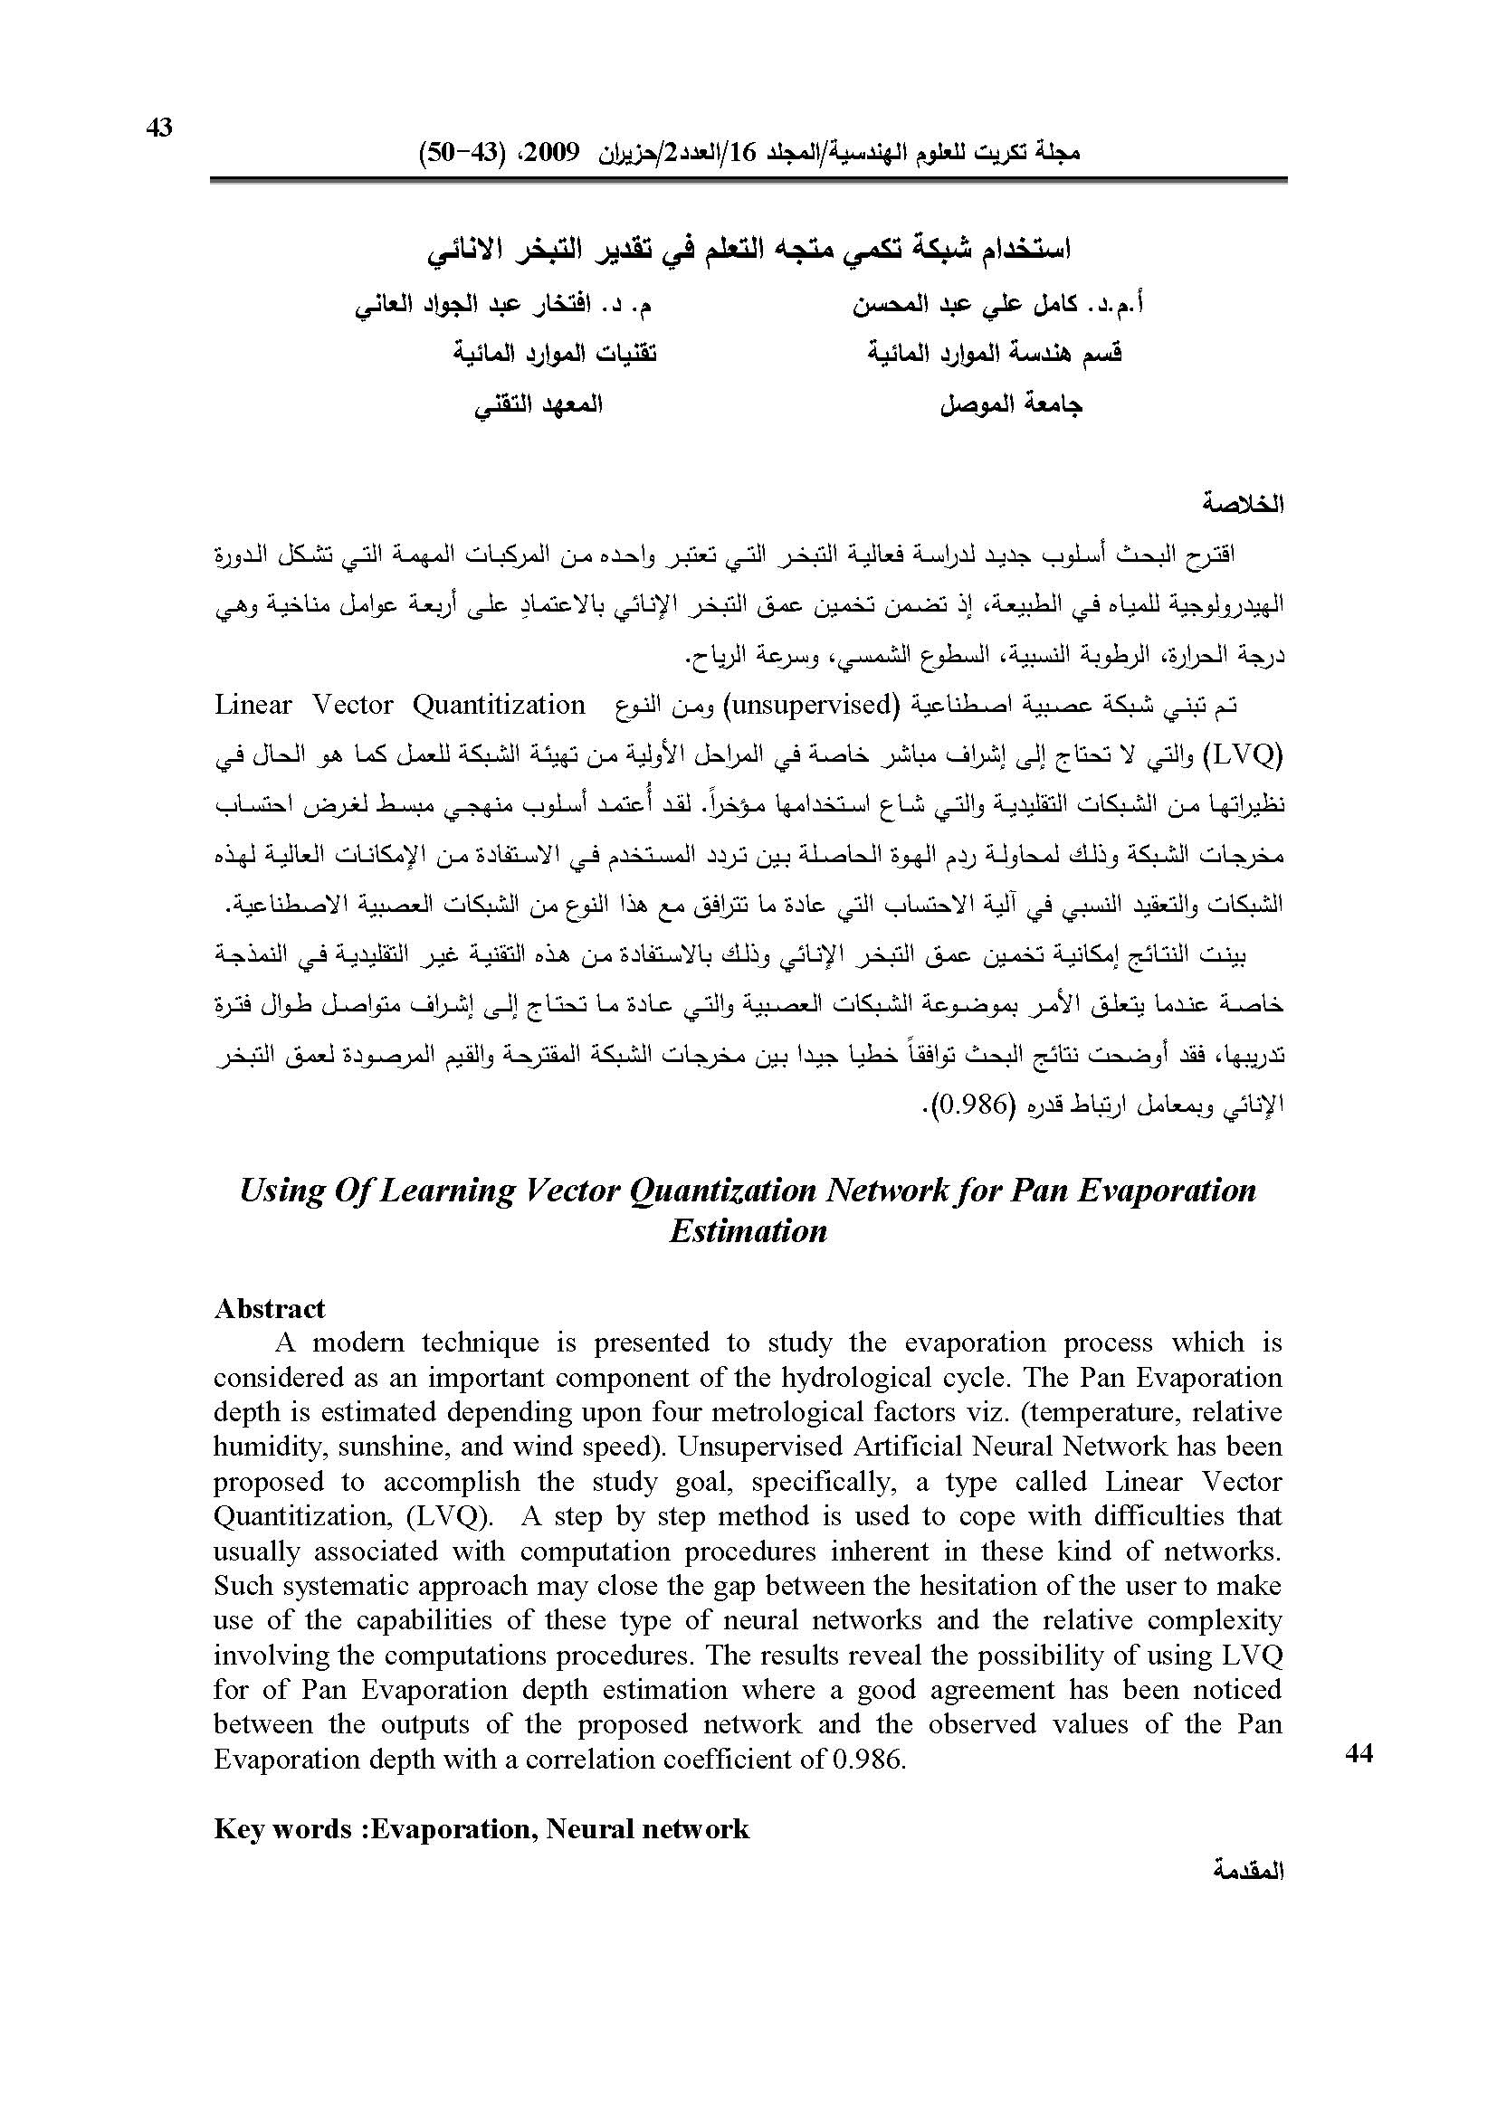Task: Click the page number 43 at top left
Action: click(x=159, y=129)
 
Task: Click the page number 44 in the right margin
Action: click(x=1359, y=1754)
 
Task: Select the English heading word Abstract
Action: click(x=269, y=1308)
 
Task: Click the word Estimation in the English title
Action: click(x=748, y=1231)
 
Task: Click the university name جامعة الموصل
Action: click(x=1011, y=404)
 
